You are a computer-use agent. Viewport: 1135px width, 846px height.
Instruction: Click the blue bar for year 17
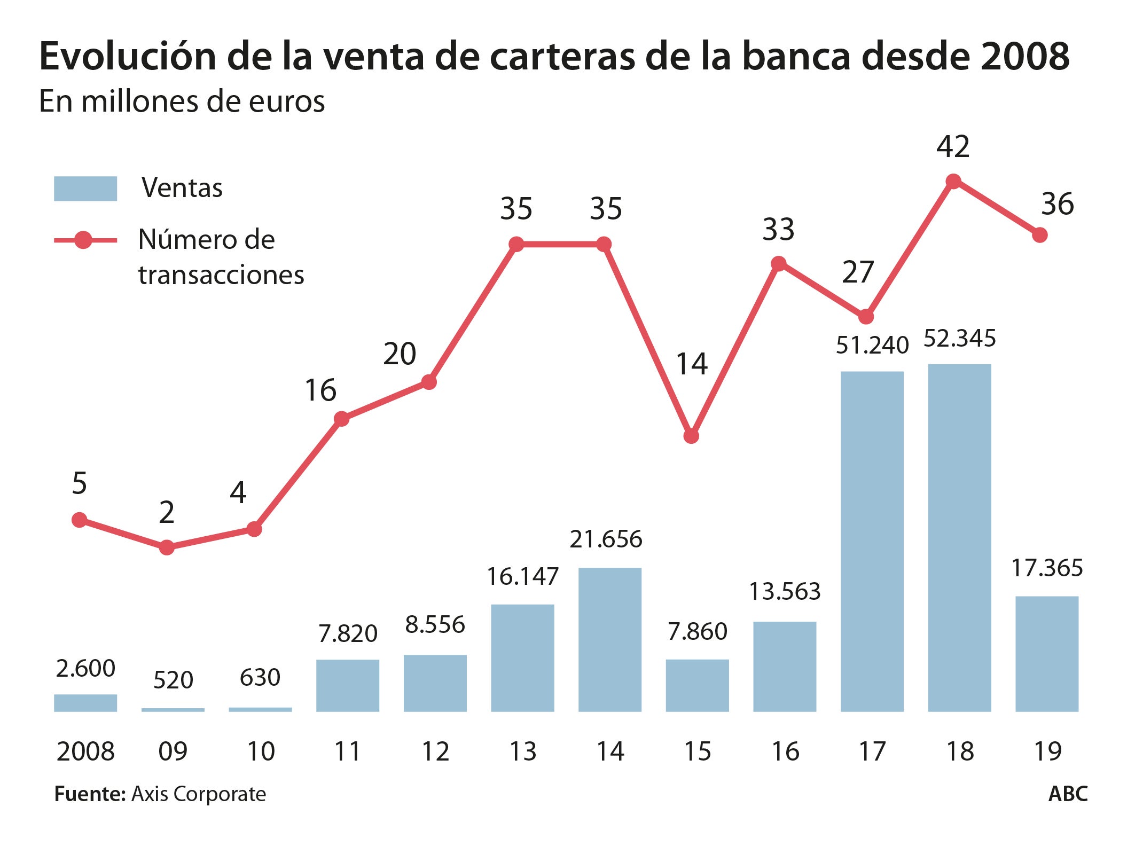tap(872, 540)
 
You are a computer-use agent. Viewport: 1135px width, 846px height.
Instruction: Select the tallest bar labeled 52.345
tap(959, 537)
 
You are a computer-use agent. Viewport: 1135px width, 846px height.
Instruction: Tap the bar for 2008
tap(85, 702)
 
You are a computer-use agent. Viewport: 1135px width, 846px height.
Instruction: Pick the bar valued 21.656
tap(609, 639)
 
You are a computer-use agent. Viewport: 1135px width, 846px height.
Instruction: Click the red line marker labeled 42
tap(953, 182)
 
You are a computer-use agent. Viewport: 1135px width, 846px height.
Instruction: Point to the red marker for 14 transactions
tap(691, 436)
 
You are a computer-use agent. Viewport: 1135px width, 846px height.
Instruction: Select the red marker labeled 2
tap(167, 547)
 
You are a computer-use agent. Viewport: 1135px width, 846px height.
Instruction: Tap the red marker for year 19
tap(1039, 235)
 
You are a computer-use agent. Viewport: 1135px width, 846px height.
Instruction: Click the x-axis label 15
tap(697, 751)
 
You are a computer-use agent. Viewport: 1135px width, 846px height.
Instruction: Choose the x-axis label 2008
tap(85, 751)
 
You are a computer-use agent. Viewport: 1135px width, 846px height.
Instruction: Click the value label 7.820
tap(348, 634)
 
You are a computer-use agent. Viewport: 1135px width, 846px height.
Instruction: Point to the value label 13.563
tap(785, 591)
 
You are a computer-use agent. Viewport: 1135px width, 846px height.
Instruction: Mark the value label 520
tap(173, 680)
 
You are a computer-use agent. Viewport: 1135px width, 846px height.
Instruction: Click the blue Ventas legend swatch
tap(85, 189)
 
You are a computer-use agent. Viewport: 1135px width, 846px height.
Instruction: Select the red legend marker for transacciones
tap(84, 240)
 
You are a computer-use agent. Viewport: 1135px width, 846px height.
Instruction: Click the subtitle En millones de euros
tap(182, 101)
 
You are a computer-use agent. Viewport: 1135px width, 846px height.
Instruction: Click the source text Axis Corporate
tap(199, 794)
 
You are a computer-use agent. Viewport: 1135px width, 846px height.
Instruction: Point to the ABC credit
tap(1068, 794)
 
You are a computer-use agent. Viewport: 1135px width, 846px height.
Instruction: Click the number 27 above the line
tap(857, 272)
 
